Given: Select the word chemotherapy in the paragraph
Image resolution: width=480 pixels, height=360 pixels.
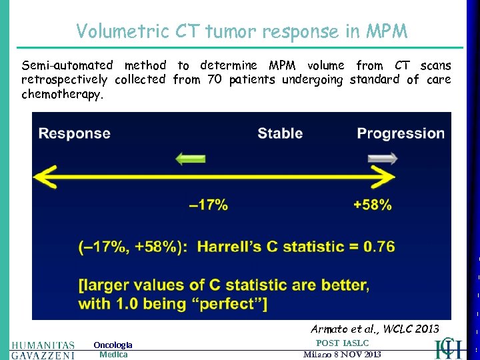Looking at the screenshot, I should (62, 94).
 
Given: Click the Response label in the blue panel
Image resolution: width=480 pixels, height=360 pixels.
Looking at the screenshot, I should (75, 133).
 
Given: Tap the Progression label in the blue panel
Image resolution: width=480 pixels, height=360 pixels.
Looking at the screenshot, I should (401, 133).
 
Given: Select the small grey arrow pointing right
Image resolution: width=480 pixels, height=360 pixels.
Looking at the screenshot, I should (382, 159).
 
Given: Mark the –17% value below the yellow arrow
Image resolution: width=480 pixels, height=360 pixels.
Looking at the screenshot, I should (208, 205).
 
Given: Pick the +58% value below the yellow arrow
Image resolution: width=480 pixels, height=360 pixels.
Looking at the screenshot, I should (373, 205).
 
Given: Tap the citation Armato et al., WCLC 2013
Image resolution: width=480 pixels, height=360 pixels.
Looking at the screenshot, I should (375, 329).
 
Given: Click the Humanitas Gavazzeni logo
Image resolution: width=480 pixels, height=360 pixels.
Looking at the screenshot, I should (43, 349).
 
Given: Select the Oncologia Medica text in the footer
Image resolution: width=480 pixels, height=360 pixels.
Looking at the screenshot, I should (113, 349).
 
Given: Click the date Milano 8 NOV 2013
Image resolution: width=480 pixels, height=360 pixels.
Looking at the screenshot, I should (342, 354).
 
